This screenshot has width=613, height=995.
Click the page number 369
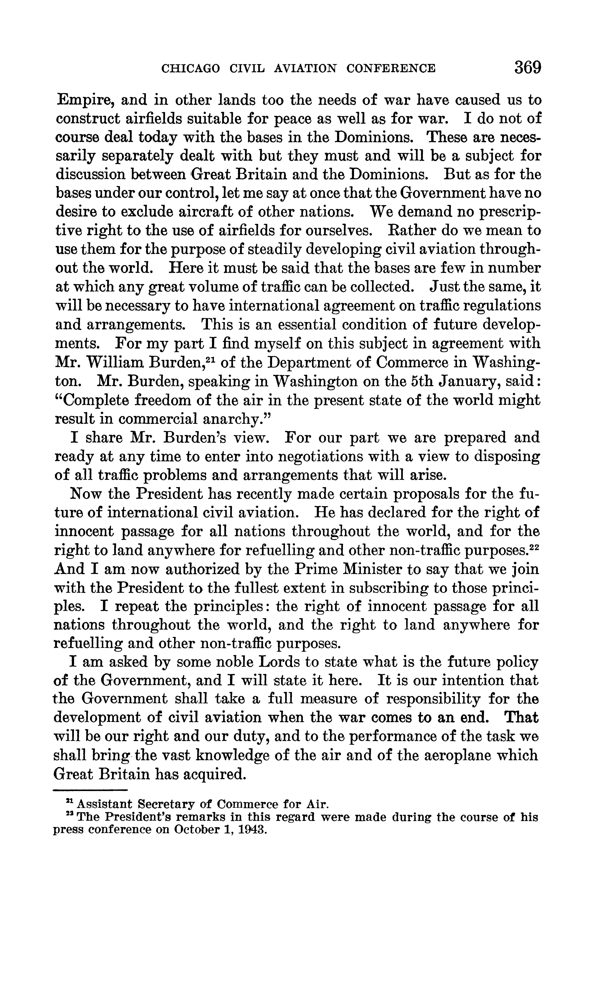click(528, 67)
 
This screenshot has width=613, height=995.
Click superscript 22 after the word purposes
click(535, 546)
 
